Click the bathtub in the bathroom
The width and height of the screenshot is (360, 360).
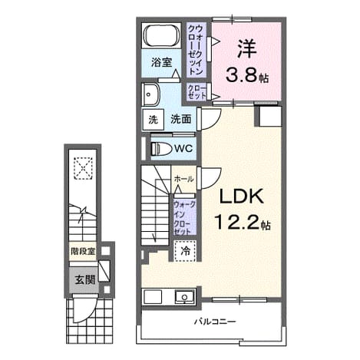161,35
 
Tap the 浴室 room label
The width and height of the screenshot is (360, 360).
161,62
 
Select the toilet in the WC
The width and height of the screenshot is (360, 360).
161,149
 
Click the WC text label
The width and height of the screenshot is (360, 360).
183,148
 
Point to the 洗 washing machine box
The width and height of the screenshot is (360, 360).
153,120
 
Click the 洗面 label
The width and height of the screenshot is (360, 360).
181,119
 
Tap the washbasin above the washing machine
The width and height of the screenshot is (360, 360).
150,94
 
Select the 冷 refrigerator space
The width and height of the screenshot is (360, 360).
185,251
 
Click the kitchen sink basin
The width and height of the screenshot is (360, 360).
184,297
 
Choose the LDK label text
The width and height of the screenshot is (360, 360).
242,197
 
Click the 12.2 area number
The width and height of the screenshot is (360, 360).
236,222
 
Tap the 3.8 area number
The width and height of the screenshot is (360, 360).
241,74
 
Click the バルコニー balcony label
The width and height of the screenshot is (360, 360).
214,321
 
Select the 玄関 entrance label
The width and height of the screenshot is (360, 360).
85,280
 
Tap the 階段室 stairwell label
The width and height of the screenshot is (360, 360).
83,252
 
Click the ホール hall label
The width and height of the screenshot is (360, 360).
183,179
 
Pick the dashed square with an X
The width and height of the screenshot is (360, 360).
83,169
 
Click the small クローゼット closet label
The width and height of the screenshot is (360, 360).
197,92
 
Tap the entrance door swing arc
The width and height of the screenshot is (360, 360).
91,313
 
